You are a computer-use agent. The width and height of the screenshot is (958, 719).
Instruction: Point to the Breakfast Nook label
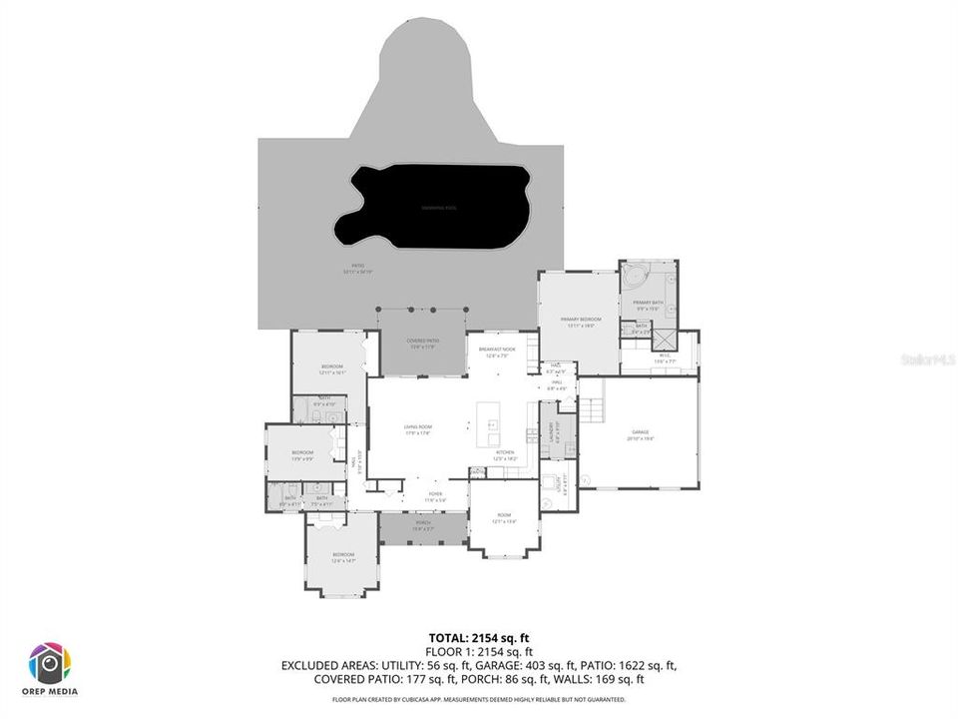pyautogui.click(x=496, y=351)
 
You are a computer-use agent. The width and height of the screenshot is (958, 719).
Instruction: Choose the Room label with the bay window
pyautogui.click(x=503, y=518)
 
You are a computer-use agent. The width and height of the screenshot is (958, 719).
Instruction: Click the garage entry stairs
pyautogui.click(x=593, y=407)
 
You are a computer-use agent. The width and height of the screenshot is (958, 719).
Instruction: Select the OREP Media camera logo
pyautogui.click(x=50, y=663)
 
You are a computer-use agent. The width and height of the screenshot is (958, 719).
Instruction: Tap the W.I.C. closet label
pyautogui.click(x=665, y=358)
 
